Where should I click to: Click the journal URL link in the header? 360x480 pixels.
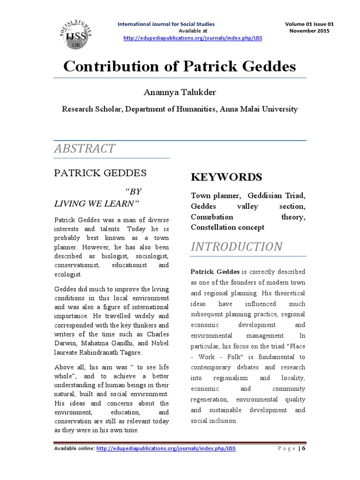point(193,38)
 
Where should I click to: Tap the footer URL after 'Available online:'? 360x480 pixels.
point(166,449)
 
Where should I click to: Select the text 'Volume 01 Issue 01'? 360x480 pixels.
point(309,24)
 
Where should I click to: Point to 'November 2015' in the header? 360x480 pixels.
point(309,31)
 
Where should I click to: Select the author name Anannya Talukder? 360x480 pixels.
point(180,91)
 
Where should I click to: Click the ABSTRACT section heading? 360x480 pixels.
point(85,149)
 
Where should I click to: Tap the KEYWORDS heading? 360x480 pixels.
point(226,177)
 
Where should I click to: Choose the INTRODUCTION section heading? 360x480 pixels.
point(237,247)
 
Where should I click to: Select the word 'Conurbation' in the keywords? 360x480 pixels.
point(212,217)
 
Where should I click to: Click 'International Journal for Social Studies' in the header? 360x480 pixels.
point(166,24)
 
